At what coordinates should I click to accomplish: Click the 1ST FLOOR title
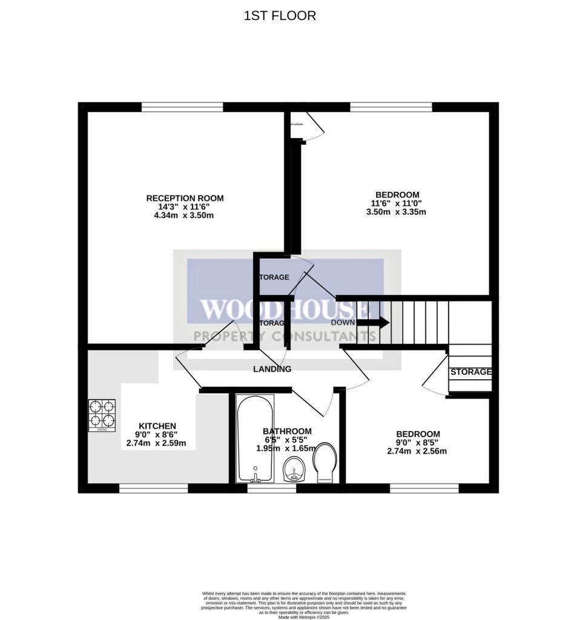(280, 16)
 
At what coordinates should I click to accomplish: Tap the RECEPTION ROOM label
(185, 198)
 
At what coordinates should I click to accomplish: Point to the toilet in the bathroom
(326, 463)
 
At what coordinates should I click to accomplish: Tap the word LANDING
(272, 369)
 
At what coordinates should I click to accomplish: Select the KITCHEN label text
(157, 426)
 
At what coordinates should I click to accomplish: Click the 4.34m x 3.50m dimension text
(185, 216)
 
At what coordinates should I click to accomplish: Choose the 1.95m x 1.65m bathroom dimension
(286, 448)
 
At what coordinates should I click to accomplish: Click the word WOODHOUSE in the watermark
(285, 309)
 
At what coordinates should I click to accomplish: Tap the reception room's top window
(182, 107)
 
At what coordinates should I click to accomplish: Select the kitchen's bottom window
(153, 488)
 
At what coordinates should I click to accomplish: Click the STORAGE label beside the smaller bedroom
(470, 372)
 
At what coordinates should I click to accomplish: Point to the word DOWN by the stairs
(343, 323)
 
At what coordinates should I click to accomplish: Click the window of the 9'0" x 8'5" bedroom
(424, 488)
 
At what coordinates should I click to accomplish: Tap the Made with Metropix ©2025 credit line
(303, 617)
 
